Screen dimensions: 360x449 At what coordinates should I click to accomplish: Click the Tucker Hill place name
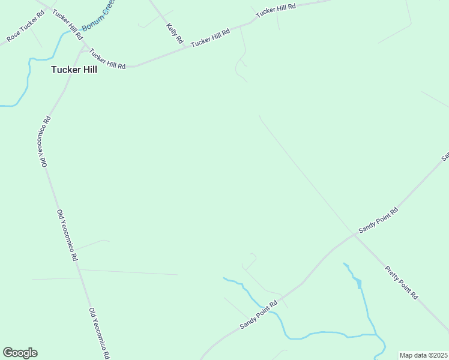[74, 70]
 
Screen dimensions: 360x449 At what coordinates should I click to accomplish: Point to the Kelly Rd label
[174, 34]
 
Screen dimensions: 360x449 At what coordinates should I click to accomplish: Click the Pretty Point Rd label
[401, 280]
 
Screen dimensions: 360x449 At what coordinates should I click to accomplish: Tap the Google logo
[20, 353]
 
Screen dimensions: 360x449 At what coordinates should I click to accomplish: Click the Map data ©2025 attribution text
[423, 355]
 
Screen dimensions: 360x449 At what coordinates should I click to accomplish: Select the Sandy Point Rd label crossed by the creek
[259, 314]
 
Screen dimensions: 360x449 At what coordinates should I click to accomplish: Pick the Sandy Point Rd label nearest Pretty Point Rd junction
[378, 221]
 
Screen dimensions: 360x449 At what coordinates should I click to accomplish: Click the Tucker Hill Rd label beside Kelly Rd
[211, 39]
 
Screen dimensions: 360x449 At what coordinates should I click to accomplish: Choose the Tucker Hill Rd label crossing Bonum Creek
[67, 25]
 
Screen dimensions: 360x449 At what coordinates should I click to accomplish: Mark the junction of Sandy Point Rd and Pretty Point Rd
[354, 235]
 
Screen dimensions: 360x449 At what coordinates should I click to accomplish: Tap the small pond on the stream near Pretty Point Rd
[358, 283]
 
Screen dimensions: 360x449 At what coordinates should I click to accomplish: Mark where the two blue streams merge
[376, 334]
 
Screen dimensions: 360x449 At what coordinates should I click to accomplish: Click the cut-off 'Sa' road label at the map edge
[445, 157]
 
